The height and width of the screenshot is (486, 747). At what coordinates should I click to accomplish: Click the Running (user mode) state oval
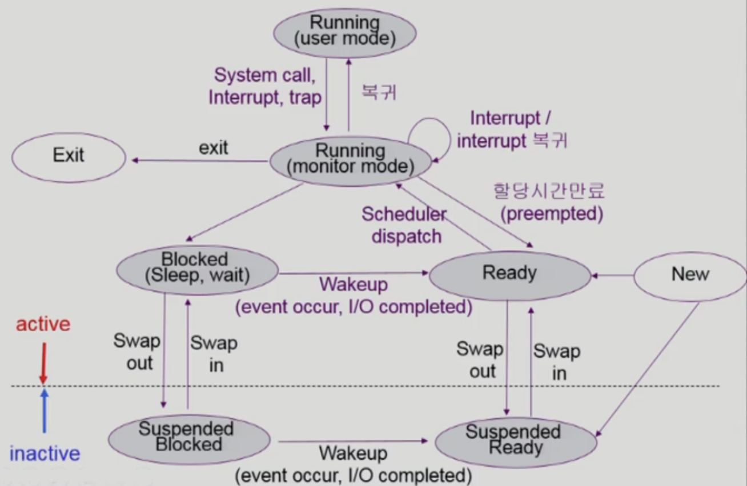click(x=344, y=32)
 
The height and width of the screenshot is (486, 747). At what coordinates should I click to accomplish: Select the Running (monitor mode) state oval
click(x=351, y=160)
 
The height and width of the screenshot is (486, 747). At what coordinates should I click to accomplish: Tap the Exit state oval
click(x=69, y=155)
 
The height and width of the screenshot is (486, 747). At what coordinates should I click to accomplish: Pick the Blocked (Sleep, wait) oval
click(x=197, y=268)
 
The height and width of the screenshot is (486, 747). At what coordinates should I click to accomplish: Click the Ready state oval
click(x=509, y=273)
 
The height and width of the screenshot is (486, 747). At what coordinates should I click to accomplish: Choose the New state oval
click(x=690, y=274)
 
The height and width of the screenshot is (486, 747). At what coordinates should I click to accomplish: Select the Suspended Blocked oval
click(x=188, y=437)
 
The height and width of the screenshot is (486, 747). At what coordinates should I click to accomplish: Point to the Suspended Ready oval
click(x=515, y=440)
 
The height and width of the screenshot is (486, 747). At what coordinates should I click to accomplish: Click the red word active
click(x=43, y=324)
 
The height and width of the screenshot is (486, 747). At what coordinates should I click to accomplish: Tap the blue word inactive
click(x=45, y=454)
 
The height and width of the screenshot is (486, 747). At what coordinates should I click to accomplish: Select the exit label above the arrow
click(x=214, y=148)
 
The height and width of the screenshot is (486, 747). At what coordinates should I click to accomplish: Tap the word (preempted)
click(x=552, y=214)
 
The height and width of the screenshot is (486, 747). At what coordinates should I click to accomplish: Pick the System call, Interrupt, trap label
click(x=265, y=86)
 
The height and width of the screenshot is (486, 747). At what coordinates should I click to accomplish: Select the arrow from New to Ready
click(x=613, y=276)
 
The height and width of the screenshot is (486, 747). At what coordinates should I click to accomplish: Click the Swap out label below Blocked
click(x=137, y=353)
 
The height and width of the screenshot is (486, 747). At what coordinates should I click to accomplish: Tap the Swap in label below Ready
click(x=557, y=362)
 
